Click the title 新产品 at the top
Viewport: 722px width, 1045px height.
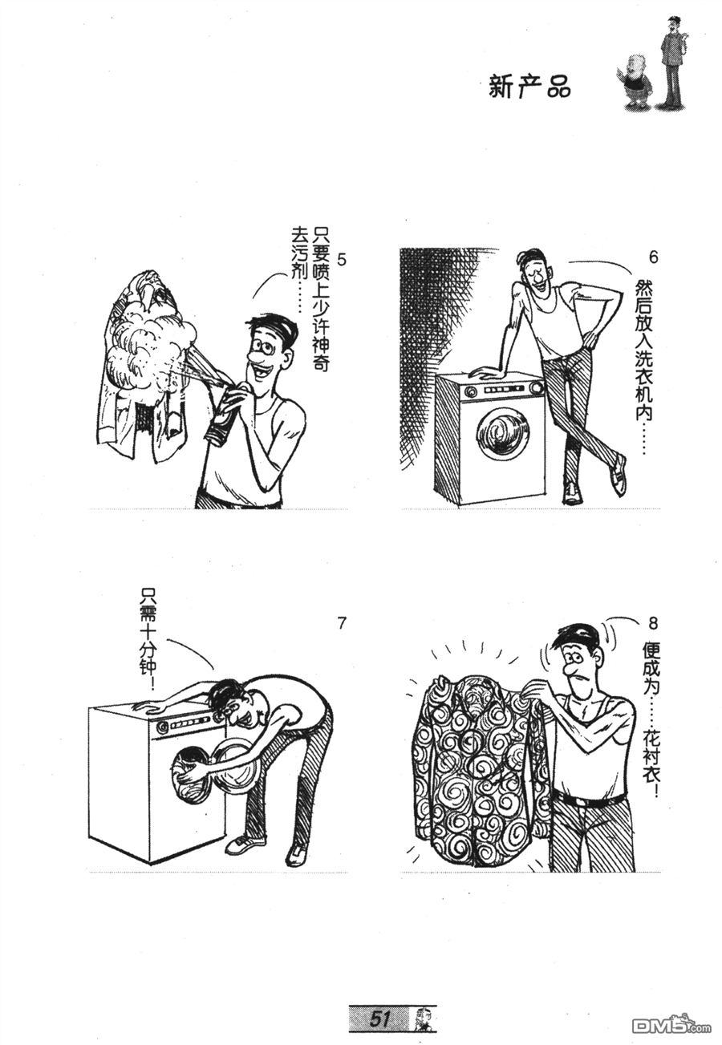click(x=529, y=87)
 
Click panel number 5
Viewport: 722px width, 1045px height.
click(x=341, y=260)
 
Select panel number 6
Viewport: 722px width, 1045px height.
click(x=652, y=257)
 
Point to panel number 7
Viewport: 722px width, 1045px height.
click(x=341, y=623)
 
